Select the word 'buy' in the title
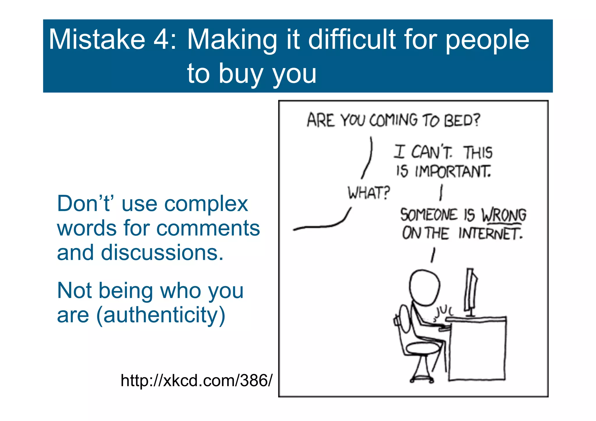coord(241,74)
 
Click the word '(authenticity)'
coord(161,315)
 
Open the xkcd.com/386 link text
coord(196,380)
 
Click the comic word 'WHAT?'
coord(368,193)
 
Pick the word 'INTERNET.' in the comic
coord(491,234)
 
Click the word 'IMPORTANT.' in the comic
coord(453,171)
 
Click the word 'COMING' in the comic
coord(393,120)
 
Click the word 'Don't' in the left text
coord(84,204)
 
